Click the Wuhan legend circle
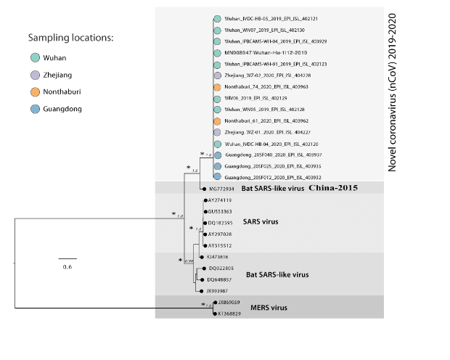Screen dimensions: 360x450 pos(34,57)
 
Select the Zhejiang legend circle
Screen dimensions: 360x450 pos(34,75)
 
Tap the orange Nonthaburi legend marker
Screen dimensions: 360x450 pos(34,92)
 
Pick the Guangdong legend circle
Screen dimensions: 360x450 pos(34,110)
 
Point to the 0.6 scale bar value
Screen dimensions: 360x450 pos(67,267)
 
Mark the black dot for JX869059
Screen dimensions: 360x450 pos(214,303)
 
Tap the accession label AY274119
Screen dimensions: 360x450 pos(220,200)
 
